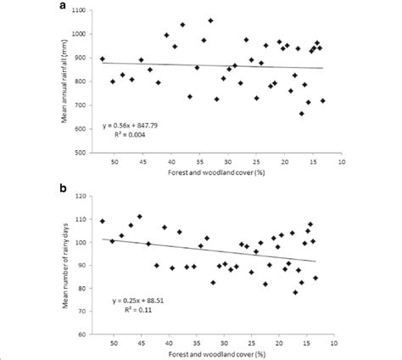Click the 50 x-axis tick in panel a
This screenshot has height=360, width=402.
[114, 160]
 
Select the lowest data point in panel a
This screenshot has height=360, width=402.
[301, 114]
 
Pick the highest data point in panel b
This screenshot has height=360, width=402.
[140, 217]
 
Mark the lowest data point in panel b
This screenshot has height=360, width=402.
[295, 292]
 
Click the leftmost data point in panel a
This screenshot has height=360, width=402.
[103, 59]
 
